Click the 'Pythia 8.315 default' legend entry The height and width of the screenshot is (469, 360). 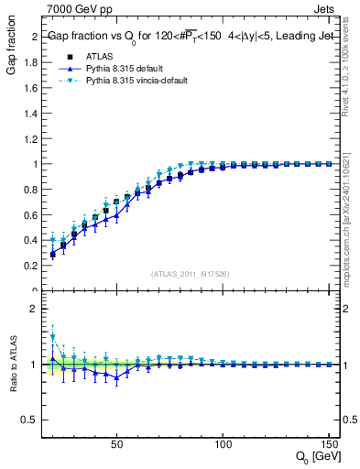click(x=112, y=68)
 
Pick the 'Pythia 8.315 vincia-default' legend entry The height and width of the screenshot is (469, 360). click(x=123, y=81)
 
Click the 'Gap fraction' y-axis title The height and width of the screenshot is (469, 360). click(x=11, y=47)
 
